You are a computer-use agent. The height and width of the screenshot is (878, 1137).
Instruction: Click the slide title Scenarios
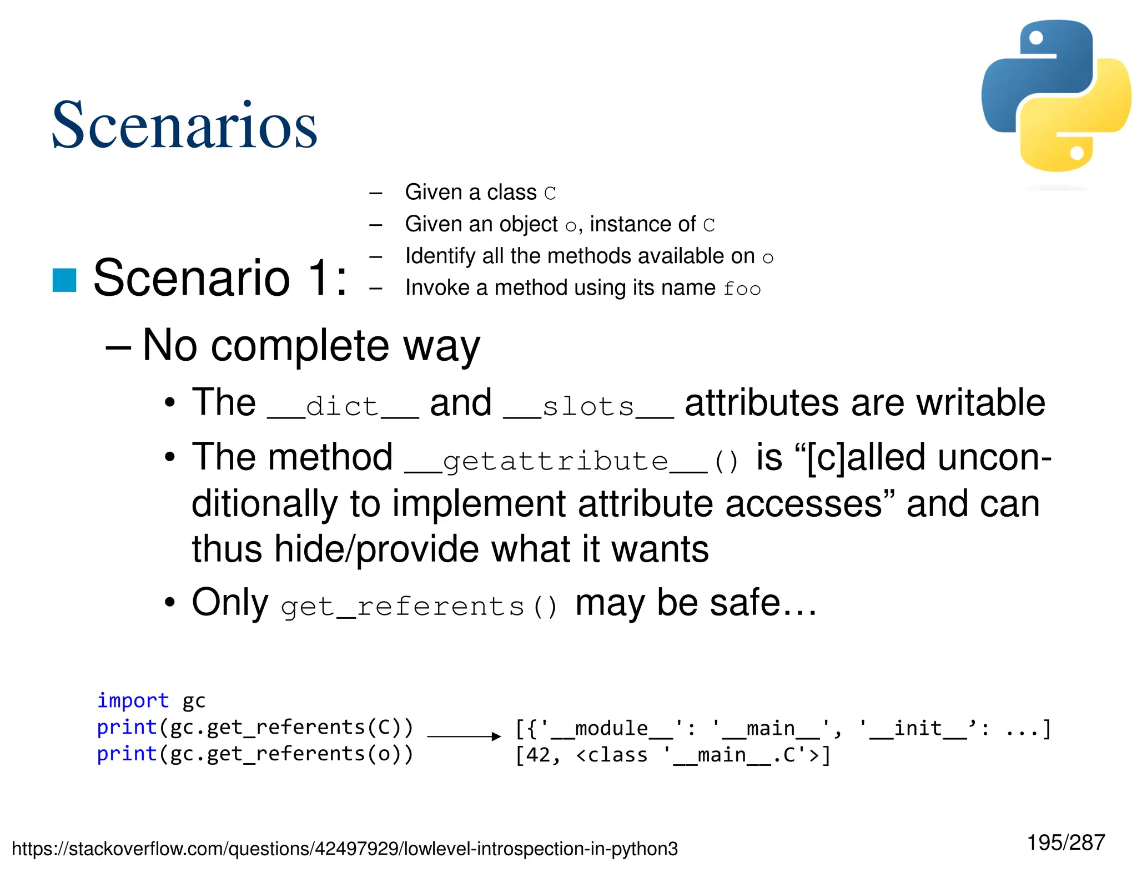184,125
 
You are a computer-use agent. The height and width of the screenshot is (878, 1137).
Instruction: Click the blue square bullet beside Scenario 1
64,280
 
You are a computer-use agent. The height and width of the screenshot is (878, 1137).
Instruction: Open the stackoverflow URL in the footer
345,849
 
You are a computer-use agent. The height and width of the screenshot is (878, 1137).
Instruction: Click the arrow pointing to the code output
464,736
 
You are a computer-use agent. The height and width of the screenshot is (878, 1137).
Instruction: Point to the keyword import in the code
133,700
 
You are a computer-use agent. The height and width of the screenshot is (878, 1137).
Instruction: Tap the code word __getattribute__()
572,461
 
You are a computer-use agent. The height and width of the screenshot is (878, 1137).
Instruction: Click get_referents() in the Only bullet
419,606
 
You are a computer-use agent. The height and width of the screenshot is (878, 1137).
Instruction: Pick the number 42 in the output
537,755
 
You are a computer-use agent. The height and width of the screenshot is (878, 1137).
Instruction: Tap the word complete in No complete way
300,346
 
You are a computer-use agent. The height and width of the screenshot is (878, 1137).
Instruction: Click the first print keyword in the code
127,727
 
